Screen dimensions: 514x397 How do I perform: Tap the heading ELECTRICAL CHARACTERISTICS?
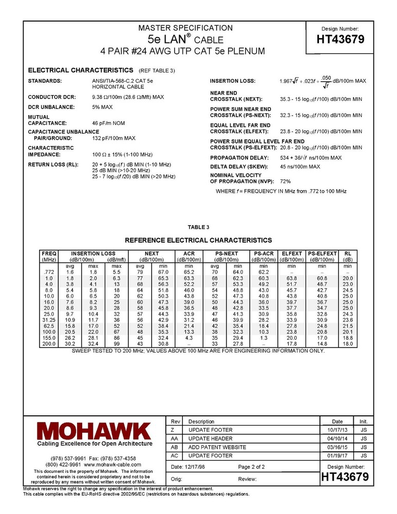[81, 70]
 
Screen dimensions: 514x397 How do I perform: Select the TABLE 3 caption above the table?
[198, 227]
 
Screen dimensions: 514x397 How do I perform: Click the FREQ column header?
[49, 253]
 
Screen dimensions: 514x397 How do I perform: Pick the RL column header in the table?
[347, 253]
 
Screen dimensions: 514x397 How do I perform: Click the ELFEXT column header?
[292, 253]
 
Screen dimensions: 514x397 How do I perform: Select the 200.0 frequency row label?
[49, 343]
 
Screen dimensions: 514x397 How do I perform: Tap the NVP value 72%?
[285, 181]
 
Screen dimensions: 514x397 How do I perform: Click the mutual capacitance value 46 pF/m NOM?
[108, 123]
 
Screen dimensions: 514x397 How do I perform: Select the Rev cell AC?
[175, 455]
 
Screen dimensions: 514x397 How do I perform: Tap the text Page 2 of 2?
[252, 467]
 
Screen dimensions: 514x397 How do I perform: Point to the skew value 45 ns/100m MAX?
[300, 167]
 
